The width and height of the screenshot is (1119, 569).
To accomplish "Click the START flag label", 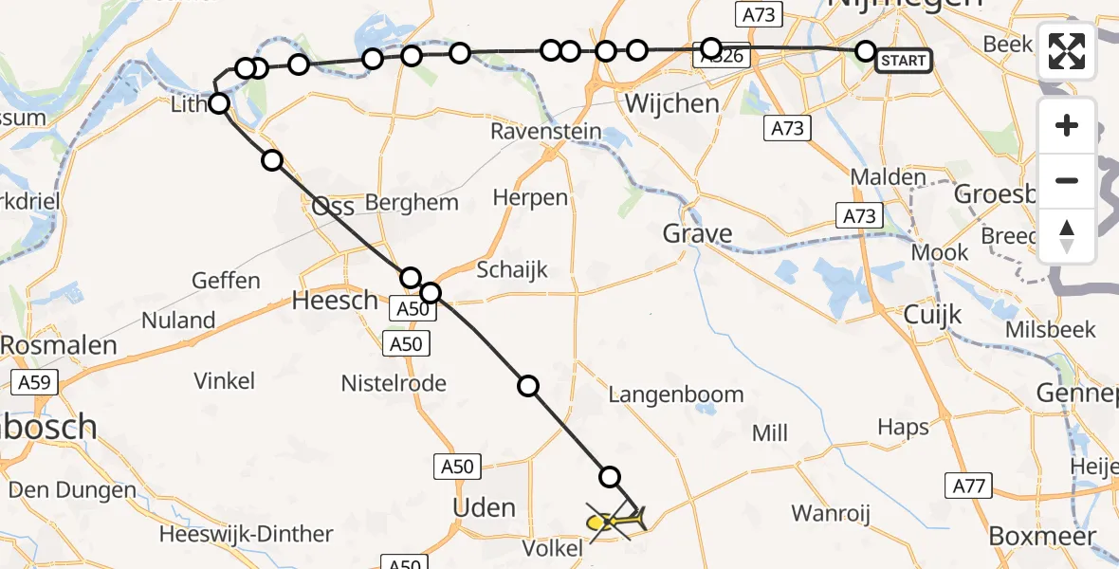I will click(x=903, y=61).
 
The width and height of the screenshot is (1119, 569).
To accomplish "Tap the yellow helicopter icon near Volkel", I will click(x=616, y=521).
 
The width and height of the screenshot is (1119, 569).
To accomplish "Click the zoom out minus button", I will click(x=1067, y=180).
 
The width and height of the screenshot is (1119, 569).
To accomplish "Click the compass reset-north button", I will click(x=1067, y=235).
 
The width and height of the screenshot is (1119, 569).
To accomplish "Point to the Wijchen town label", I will click(x=672, y=103).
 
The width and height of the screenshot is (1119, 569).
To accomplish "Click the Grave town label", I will click(x=697, y=233).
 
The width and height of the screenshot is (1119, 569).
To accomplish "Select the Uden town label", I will click(x=484, y=507).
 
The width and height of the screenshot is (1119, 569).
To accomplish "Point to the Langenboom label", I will click(x=676, y=395).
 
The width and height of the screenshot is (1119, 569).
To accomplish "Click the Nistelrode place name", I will click(x=394, y=383).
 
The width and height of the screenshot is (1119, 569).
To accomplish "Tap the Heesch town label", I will click(x=335, y=301).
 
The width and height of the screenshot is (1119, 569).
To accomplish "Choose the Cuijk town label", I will click(x=932, y=314).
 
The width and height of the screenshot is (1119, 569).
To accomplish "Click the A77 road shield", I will click(x=969, y=486).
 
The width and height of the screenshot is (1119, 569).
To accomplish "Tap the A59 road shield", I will click(x=35, y=383).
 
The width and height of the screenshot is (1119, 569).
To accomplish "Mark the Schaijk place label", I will click(x=512, y=270).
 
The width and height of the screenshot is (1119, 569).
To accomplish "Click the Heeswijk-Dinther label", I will click(x=246, y=534).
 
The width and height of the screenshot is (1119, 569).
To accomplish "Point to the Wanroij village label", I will click(x=831, y=513).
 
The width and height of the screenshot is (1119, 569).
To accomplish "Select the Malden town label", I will click(x=888, y=176).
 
